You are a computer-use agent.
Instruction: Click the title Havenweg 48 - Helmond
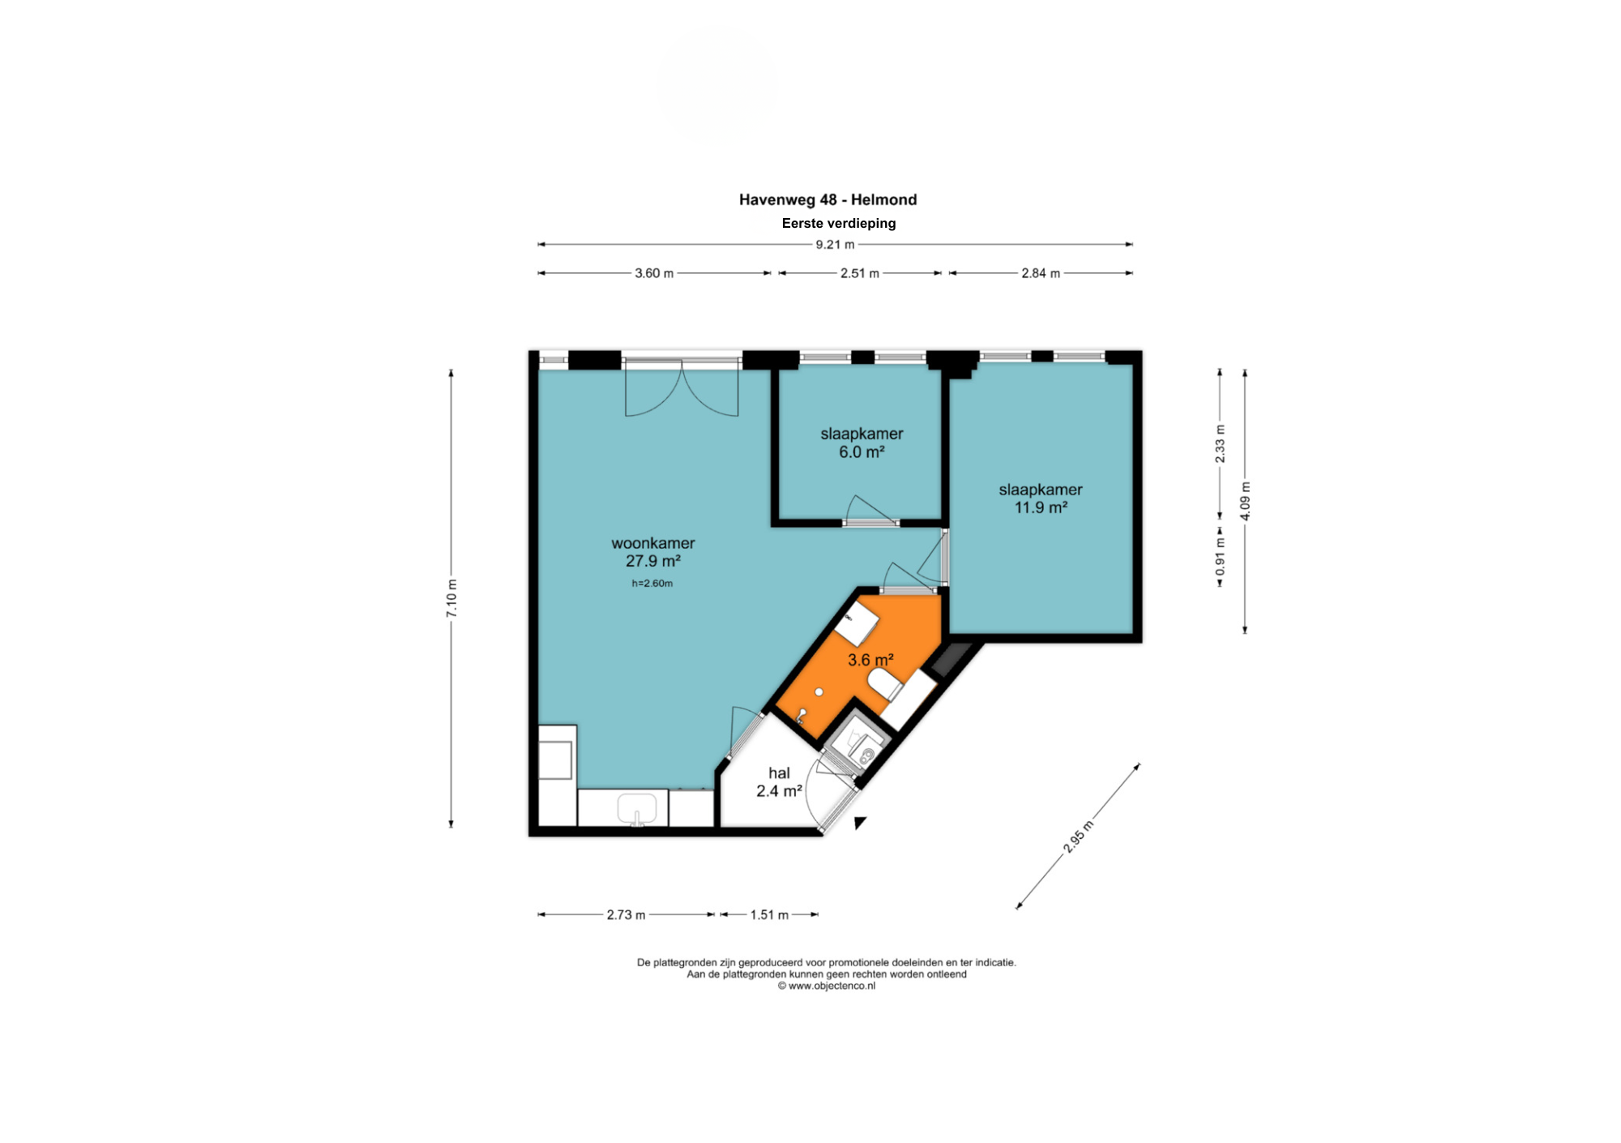828,199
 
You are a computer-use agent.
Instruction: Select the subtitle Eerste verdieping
839,223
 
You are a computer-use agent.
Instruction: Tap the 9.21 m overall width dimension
835,244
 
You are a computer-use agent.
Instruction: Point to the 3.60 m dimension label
654,273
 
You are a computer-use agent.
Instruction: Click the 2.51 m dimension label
860,273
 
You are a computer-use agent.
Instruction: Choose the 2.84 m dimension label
1041,273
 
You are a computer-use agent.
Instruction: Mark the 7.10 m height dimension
451,598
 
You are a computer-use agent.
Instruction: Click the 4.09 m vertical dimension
1245,501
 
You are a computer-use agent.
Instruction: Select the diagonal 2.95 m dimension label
1078,837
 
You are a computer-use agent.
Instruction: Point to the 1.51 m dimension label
769,914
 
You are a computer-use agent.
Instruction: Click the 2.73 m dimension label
626,914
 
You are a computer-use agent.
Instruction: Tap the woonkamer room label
653,543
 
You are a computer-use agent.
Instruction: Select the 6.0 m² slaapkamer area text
862,452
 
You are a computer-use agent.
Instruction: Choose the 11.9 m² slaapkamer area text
1041,507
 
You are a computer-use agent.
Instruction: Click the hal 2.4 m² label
779,782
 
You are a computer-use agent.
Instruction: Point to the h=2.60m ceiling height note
652,583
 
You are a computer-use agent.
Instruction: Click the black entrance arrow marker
860,823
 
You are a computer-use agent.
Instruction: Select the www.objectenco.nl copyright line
827,986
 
